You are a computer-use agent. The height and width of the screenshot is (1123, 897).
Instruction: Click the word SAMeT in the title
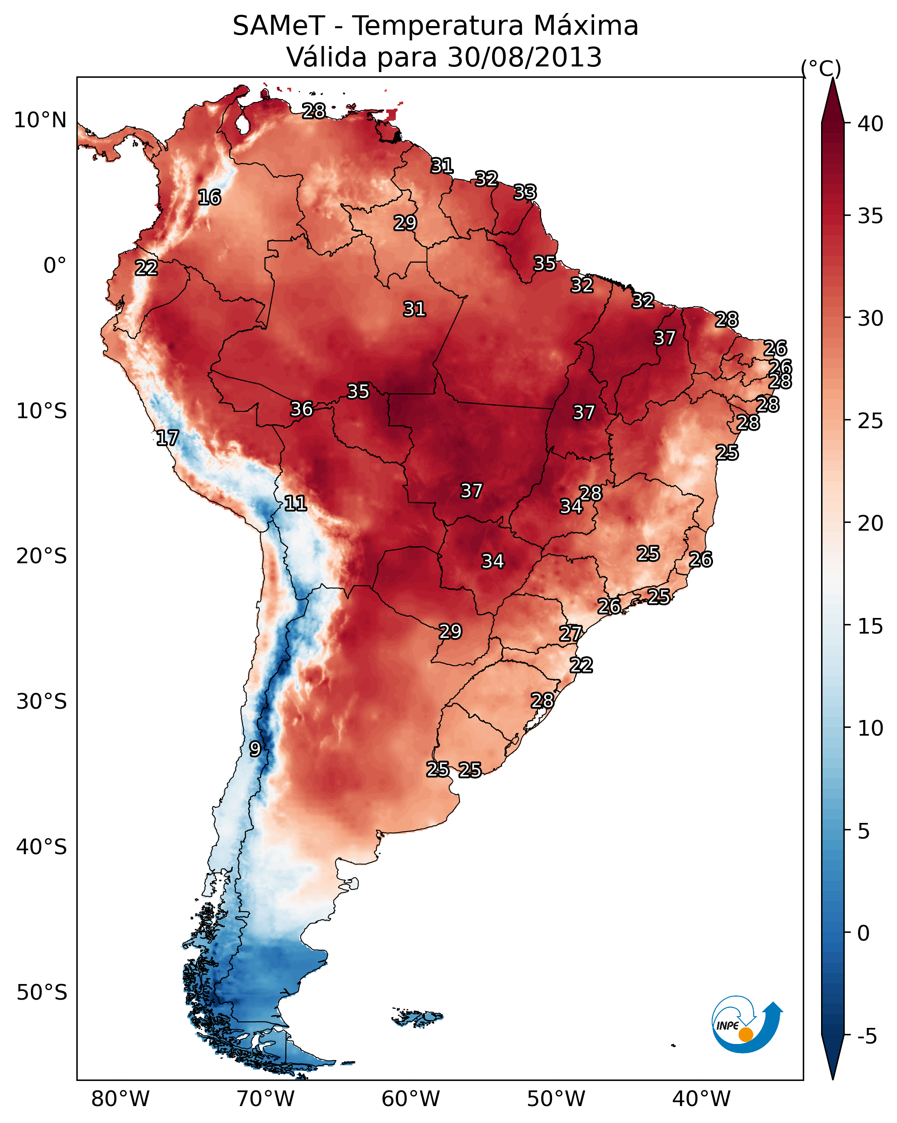(x=279, y=26)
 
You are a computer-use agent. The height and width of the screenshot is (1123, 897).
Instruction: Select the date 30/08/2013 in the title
(x=524, y=57)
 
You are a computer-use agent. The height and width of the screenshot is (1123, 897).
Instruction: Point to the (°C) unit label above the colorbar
(x=821, y=68)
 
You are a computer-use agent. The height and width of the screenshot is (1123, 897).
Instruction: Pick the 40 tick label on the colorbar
(x=871, y=124)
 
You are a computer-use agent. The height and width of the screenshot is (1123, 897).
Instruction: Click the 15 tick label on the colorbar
(x=871, y=626)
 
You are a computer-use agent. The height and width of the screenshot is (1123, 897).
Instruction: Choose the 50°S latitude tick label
(x=42, y=993)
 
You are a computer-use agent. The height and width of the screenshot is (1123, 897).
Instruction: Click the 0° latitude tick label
(x=55, y=266)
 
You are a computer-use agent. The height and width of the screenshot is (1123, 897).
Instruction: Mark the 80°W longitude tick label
(x=120, y=1099)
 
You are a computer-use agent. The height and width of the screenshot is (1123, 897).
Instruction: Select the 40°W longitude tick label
(x=701, y=1099)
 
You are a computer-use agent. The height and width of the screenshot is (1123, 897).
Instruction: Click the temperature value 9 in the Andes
(x=255, y=749)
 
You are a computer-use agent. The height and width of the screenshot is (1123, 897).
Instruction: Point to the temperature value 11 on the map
(x=295, y=503)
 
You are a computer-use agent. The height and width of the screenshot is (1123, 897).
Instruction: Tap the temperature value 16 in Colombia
(x=209, y=198)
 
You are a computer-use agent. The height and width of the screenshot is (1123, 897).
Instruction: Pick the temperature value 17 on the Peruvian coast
(x=167, y=438)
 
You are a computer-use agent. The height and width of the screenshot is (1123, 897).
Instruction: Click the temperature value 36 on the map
(x=302, y=409)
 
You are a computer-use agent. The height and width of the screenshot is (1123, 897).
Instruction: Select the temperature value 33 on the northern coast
(x=525, y=192)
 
